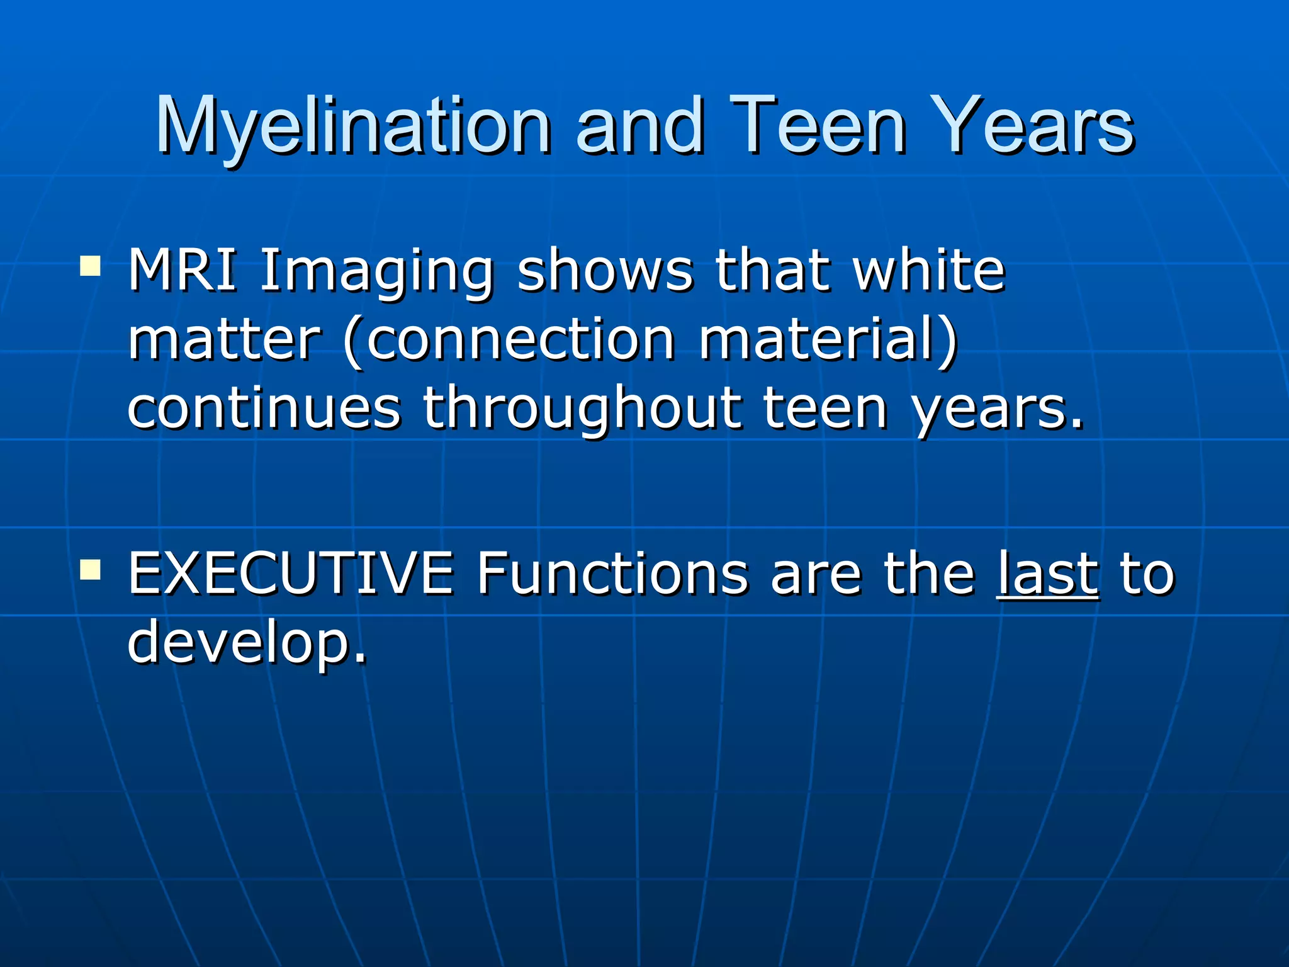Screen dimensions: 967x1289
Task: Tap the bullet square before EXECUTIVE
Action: pos(91,569)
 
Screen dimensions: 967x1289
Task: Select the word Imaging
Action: pos(376,272)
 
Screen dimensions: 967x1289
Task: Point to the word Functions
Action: pos(612,573)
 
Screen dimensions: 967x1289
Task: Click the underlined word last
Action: pos(1049,573)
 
